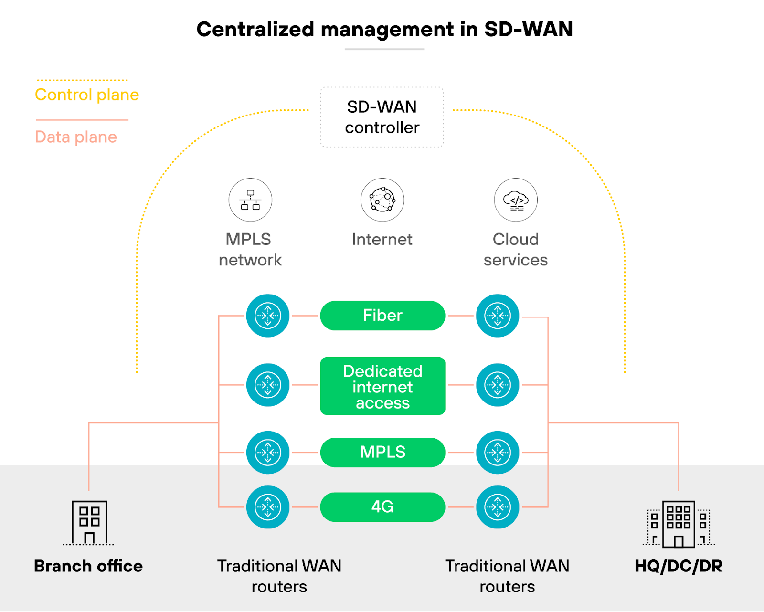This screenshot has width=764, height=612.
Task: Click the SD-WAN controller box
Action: [382, 117]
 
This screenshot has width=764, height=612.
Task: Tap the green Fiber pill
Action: [382, 316]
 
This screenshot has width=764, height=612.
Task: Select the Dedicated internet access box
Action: [382, 386]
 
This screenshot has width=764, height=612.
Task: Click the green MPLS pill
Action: [382, 452]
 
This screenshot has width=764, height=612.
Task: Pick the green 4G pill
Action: [382, 507]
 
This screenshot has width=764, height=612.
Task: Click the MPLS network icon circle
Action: [250, 200]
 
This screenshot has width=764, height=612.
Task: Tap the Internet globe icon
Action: [382, 200]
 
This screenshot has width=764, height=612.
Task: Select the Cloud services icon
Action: [516, 200]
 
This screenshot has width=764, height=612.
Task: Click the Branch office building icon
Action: [89, 522]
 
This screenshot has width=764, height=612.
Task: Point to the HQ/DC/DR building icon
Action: [679, 524]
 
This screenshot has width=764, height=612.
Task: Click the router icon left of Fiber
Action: [268, 316]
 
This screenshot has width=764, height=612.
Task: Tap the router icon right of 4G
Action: [498, 507]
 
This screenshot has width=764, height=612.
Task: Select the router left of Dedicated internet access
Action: [268, 385]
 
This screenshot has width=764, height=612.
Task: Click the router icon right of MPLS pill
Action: [498, 452]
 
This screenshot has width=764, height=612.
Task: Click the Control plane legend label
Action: [87, 95]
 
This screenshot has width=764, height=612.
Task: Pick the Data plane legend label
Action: [76, 137]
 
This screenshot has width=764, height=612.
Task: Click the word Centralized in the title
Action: [255, 29]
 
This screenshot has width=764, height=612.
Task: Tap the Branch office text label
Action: [88, 566]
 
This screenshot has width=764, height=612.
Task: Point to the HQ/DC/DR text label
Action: [679, 566]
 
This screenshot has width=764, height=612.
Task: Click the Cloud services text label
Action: [516, 250]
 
